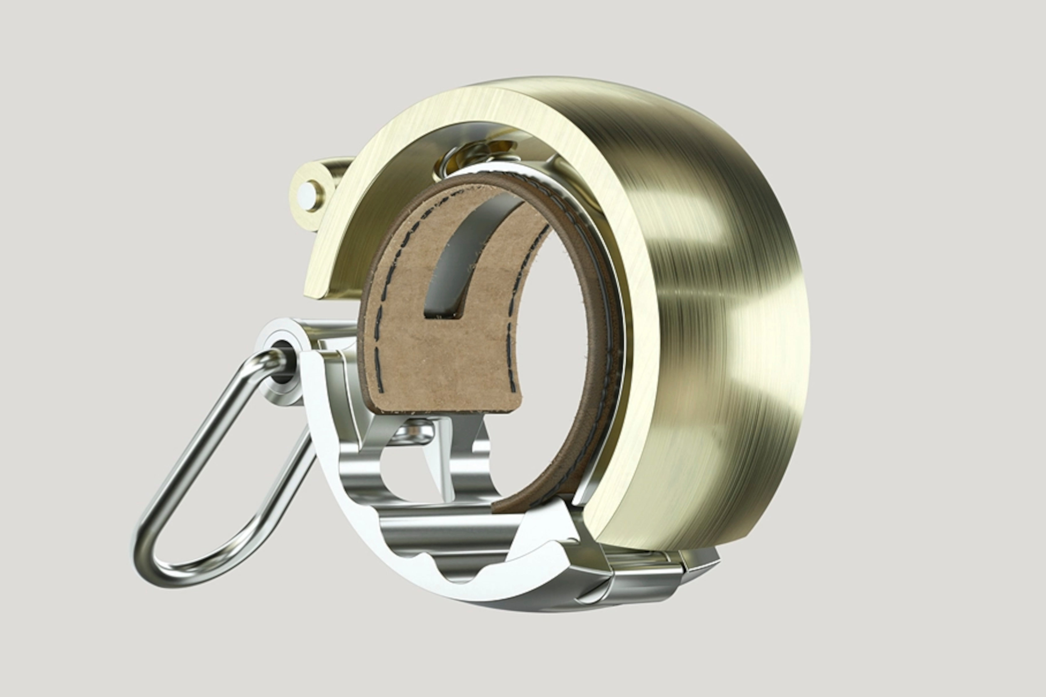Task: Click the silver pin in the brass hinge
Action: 307,194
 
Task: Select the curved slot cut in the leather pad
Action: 462,258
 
